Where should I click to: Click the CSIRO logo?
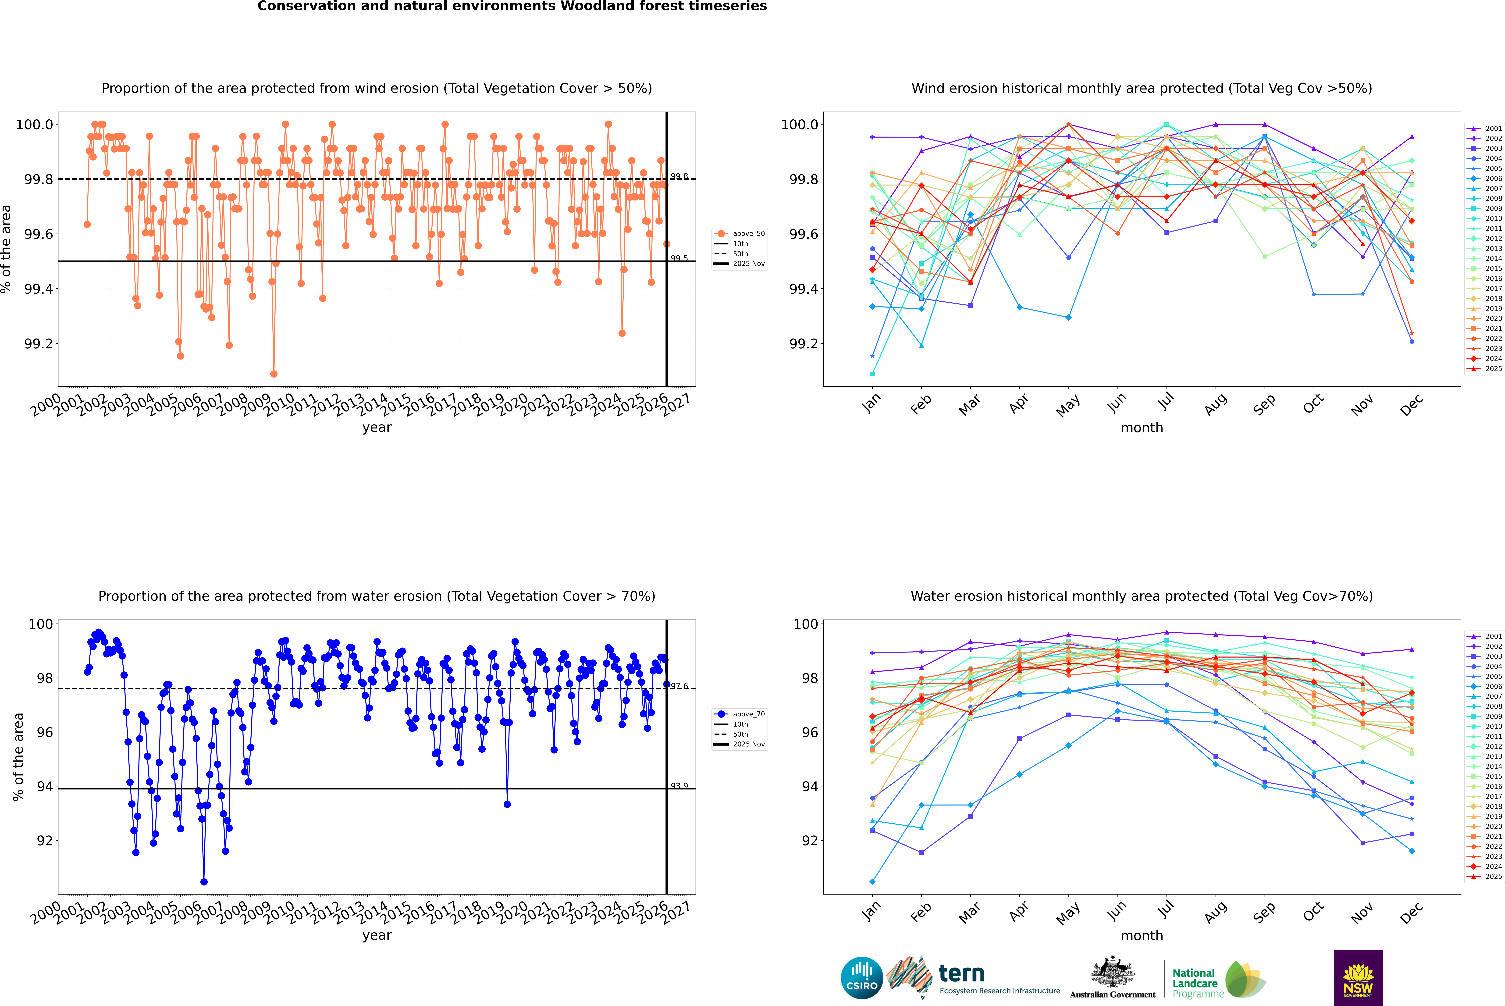pos(862,978)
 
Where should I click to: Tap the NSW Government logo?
pos(1358,978)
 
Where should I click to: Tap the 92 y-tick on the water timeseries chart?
pos(45,840)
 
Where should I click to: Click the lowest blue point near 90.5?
pos(204,881)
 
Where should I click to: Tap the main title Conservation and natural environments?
pos(512,6)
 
